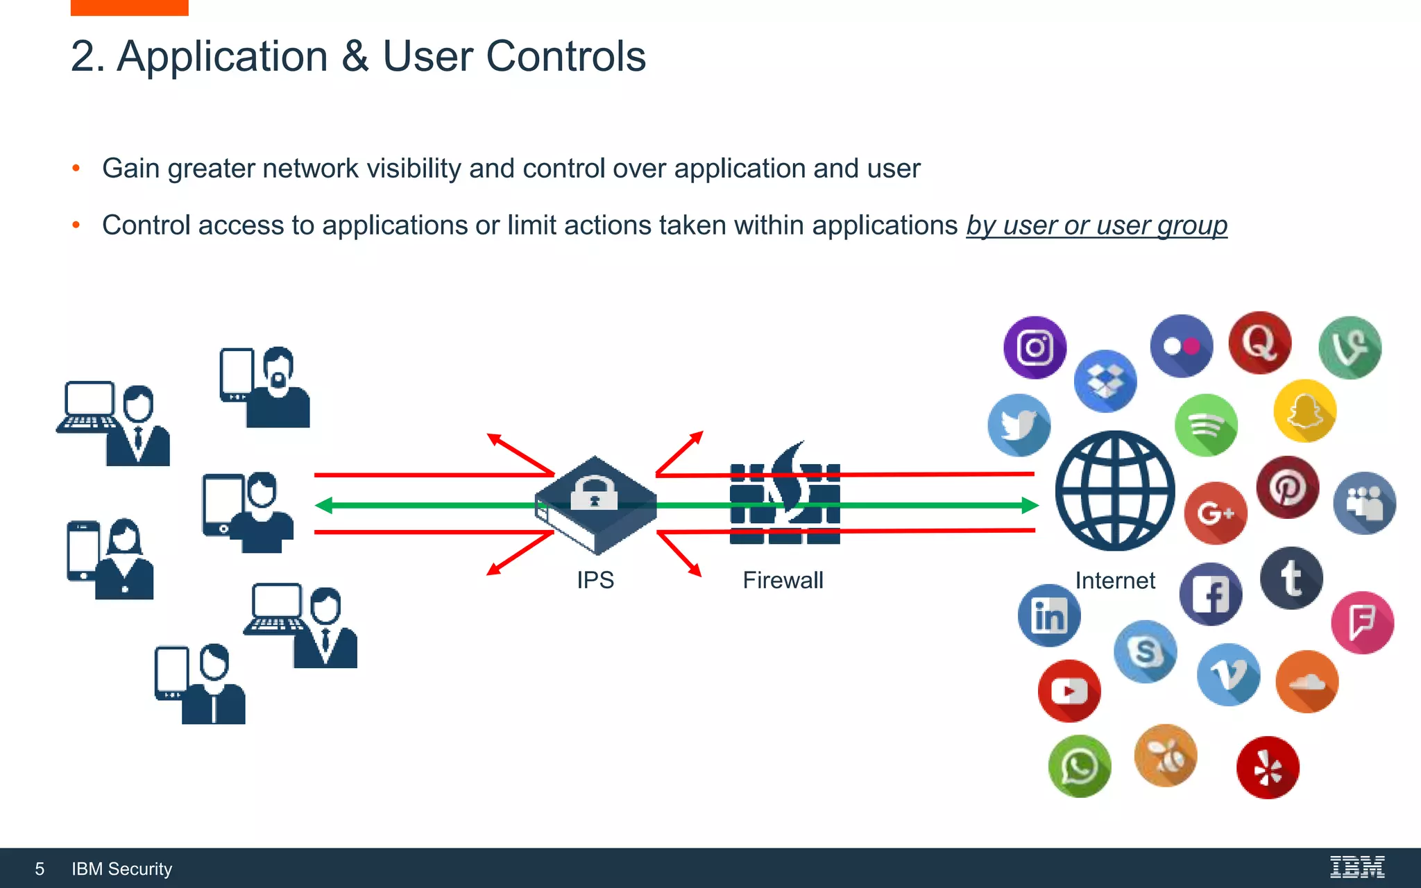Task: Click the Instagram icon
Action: click(1035, 348)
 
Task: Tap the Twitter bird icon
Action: click(1019, 425)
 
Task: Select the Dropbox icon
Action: click(1105, 381)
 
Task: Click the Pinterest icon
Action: click(1287, 487)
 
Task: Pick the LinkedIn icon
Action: click(1048, 615)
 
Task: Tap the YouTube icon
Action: click(1069, 691)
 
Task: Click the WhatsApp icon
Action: click(1079, 767)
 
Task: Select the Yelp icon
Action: click(1267, 768)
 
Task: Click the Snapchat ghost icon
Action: click(1304, 411)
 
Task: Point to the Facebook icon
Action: click(1210, 595)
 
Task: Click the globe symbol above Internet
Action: click(1114, 490)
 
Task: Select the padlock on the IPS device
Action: click(594, 493)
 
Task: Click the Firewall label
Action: click(783, 580)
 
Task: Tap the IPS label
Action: click(595, 580)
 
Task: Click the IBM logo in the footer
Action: click(1356, 867)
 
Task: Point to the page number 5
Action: click(40, 869)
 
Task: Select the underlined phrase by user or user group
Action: click(1096, 225)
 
